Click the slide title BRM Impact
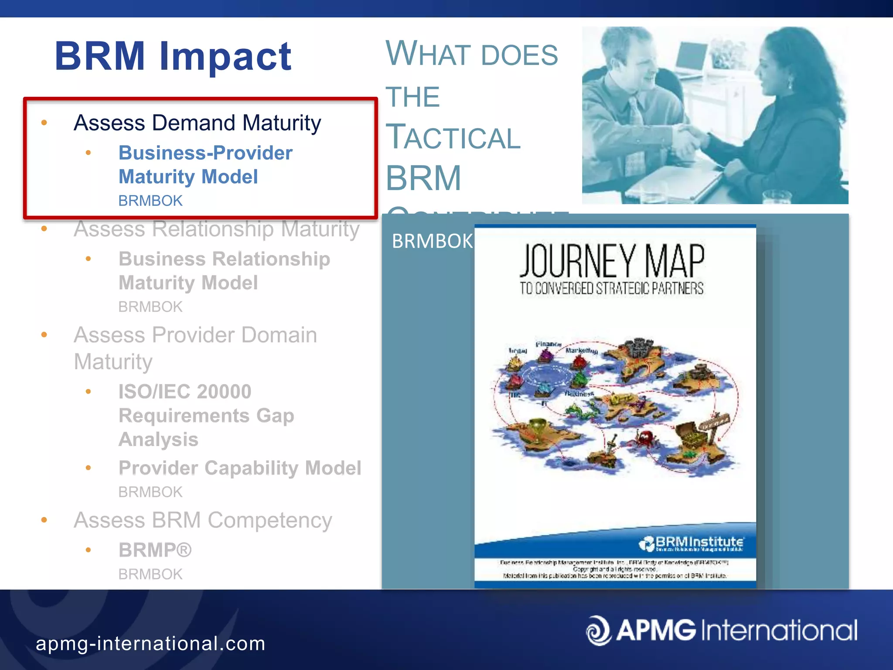[173, 56]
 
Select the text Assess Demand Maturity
[197, 123]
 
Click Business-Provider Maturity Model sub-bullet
[205, 165]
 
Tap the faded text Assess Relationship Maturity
[217, 229]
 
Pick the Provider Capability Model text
[240, 468]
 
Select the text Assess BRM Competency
[203, 520]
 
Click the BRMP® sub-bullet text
[155, 550]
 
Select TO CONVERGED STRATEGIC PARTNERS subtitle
[611, 289]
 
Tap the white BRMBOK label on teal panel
[432, 241]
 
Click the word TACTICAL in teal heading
[453, 137]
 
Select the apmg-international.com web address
[150, 644]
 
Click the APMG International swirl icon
[598, 630]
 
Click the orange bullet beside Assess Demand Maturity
[44, 123]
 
